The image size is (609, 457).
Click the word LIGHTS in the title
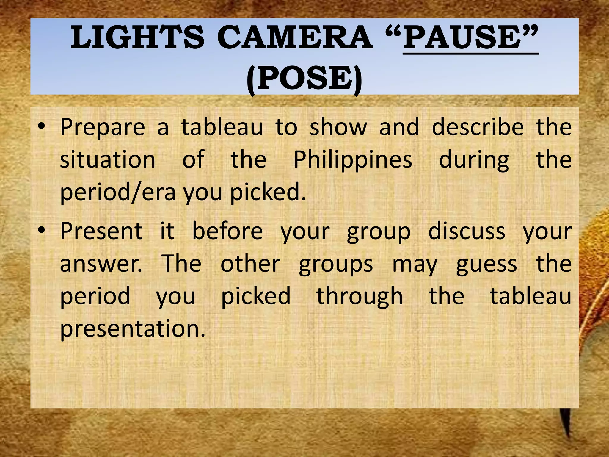pos(137,38)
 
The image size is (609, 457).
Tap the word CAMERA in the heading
pos(294,38)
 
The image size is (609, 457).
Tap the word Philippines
pos(353,160)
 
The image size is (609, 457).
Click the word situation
pos(108,160)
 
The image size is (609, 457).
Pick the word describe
pos(478,127)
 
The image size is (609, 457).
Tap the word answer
pos(101,264)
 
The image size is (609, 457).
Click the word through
pos(360,296)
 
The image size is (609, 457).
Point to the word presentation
pos(133,328)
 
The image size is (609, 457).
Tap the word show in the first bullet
pos(338,127)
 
